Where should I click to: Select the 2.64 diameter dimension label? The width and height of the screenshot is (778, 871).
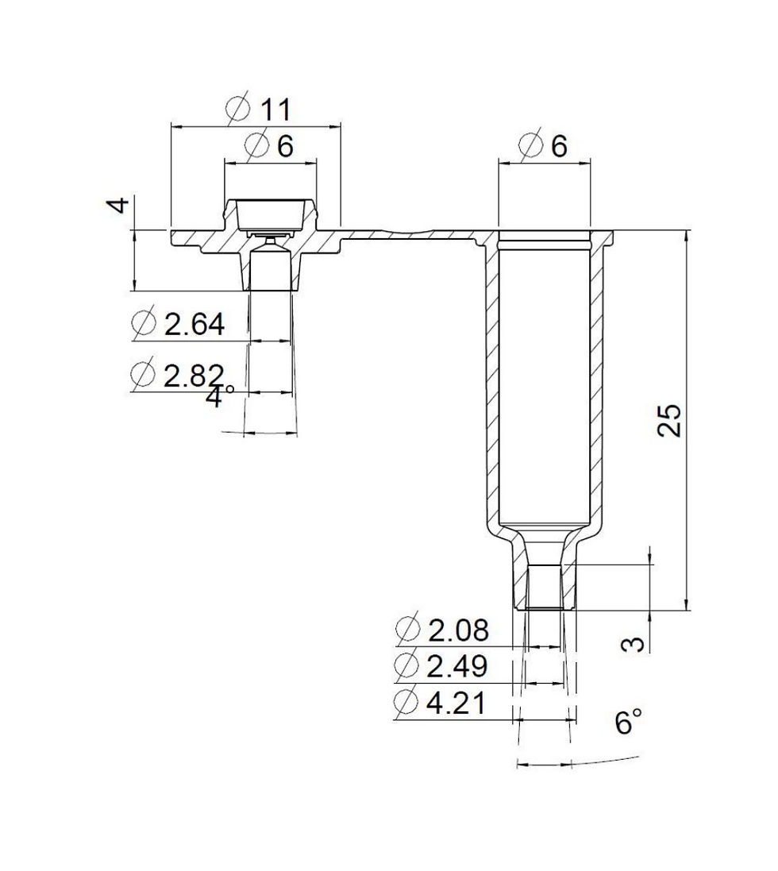(x=194, y=325)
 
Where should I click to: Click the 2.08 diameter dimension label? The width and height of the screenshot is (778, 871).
(x=458, y=631)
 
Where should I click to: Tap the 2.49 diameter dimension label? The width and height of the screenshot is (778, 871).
(x=458, y=667)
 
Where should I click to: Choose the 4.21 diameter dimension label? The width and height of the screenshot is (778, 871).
(x=458, y=703)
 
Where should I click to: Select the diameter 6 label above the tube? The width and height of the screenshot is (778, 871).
(x=559, y=146)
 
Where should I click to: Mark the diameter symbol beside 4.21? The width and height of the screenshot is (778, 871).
(x=406, y=703)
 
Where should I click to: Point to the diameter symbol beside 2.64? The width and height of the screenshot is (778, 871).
(x=144, y=325)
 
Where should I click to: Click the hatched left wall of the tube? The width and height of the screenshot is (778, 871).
(x=491, y=381)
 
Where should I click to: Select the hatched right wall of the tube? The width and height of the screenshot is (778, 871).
(x=596, y=381)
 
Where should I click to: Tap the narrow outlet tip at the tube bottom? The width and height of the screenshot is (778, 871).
(x=545, y=588)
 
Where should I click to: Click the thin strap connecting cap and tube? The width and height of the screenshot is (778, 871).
(x=413, y=235)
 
